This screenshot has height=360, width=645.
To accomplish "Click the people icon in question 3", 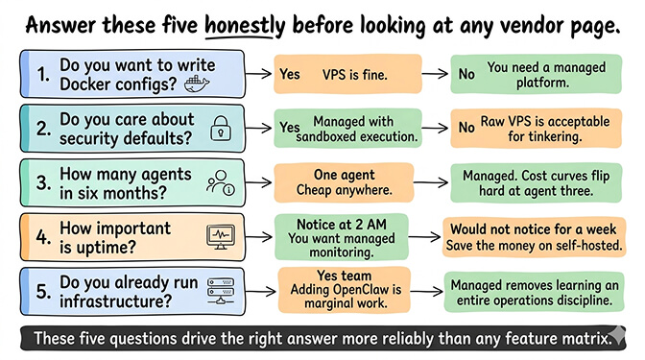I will coord(221,181).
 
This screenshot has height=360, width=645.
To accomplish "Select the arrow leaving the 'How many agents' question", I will coord(256,182).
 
